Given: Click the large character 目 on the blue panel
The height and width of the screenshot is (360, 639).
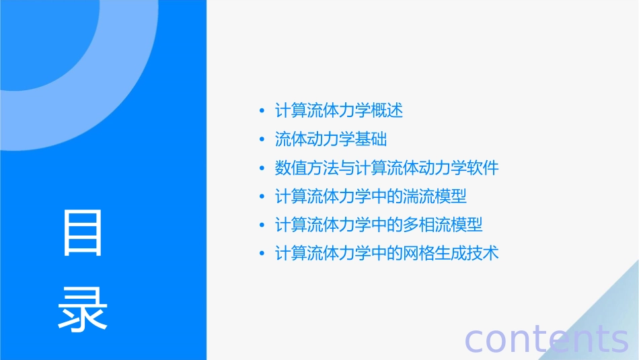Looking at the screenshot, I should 83,233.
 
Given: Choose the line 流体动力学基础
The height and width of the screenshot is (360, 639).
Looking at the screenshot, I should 331,139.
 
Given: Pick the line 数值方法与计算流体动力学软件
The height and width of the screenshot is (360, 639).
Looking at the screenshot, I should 387,168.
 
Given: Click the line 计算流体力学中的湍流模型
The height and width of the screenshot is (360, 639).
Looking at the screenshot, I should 371,196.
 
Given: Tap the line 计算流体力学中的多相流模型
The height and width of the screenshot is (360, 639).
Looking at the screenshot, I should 379,225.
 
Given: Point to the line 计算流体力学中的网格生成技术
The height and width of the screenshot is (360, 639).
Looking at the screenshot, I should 387,254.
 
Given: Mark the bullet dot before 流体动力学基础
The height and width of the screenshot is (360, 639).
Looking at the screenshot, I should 262,140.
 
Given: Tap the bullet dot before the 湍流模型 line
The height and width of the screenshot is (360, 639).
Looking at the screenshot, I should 262,197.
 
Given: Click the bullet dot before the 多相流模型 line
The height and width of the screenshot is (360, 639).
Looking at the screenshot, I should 262,225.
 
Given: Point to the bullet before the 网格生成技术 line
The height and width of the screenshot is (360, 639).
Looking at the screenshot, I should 262,254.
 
